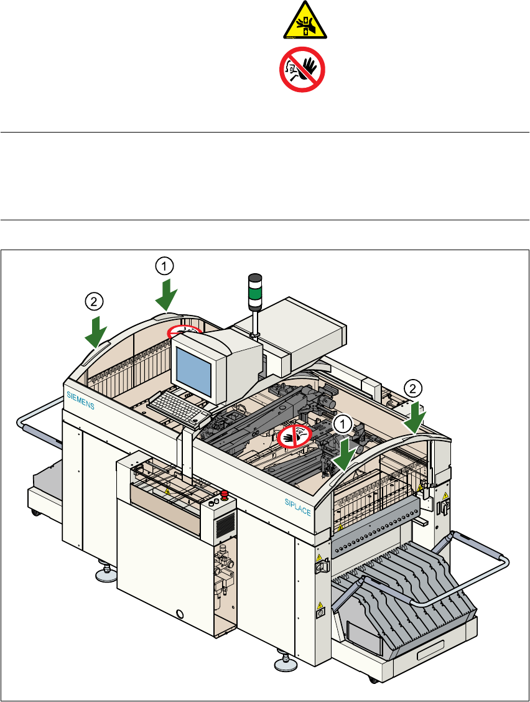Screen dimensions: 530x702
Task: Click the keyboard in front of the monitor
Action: [x=177, y=407]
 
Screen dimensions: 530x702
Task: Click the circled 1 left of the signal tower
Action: [x=164, y=266]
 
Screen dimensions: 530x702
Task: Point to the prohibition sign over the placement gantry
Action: [x=294, y=436]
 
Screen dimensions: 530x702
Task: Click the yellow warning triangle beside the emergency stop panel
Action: [x=167, y=492]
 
